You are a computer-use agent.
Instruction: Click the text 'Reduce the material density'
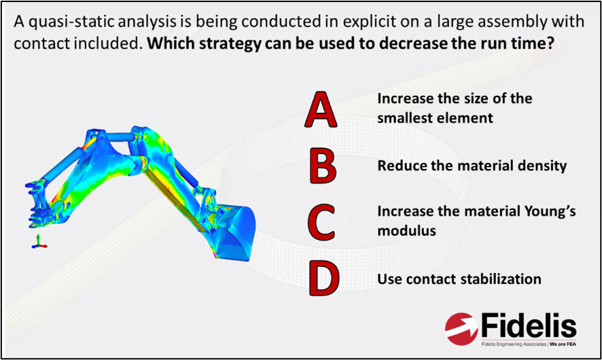point(472,166)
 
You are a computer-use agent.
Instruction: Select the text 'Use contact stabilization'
point(459,279)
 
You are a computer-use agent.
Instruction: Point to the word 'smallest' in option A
point(405,118)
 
